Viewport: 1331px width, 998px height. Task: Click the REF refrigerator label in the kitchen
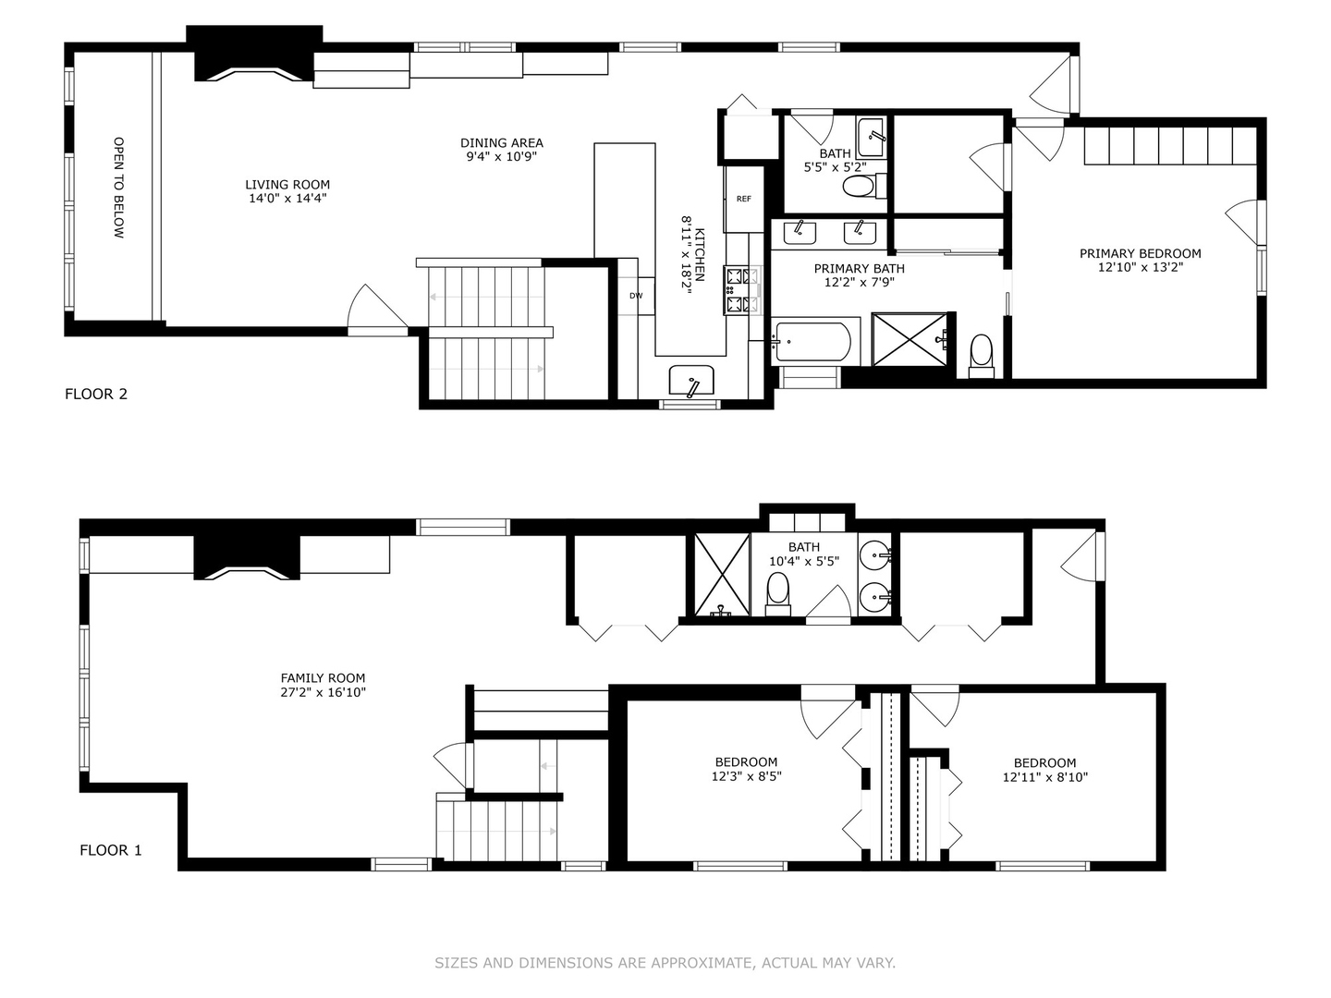[x=743, y=199]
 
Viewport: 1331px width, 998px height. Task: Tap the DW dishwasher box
[x=636, y=296]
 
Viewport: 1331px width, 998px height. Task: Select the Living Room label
[x=287, y=185]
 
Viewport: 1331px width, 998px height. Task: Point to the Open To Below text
[x=118, y=189]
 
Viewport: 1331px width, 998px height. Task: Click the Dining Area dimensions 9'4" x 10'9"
[x=502, y=157]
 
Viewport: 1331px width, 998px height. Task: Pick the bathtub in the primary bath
[x=812, y=342]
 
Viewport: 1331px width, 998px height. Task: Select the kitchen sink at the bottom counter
[x=690, y=380]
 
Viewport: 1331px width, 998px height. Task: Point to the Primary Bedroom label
[x=1140, y=253]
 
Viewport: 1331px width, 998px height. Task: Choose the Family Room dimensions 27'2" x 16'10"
[x=324, y=692]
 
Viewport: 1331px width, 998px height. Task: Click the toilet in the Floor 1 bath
[x=778, y=590]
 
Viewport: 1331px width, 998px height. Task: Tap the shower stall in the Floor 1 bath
[x=721, y=574]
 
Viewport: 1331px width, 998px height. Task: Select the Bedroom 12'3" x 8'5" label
[x=745, y=762]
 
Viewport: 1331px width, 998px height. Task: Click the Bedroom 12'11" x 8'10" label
[x=1044, y=762]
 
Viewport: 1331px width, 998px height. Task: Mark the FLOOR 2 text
[x=96, y=395]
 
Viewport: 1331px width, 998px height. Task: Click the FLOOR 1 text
[x=111, y=850]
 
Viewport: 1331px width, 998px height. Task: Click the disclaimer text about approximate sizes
[x=665, y=963]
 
